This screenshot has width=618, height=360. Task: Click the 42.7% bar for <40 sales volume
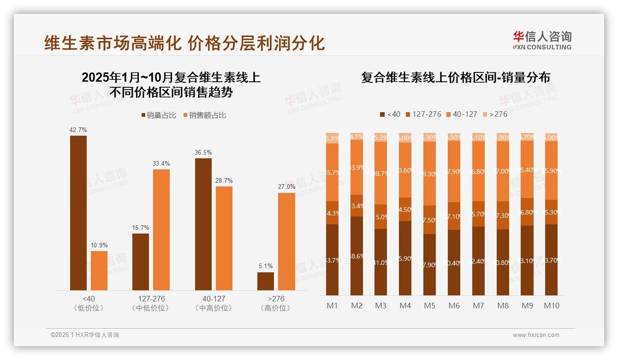click(x=78, y=212)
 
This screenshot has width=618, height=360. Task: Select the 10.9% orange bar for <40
click(x=99, y=270)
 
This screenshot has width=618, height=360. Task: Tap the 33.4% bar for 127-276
click(x=161, y=229)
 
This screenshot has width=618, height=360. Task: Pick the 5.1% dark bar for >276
click(x=266, y=281)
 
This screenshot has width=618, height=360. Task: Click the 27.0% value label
click(x=286, y=187)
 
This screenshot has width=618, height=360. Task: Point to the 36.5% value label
click(x=203, y=152)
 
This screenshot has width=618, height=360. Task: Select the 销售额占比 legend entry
click(x=205, y=115)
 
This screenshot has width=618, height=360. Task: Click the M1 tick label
click(x=332, y=306)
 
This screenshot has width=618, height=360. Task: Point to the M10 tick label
click(x=551, y=306)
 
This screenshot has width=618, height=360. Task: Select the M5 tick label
click(x=429, y=306)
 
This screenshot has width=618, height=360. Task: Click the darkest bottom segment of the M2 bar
click(x=357, y=256)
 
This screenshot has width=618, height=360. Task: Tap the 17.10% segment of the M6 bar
click(x=454, y=216)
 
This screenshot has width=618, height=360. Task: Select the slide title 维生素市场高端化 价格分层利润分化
click(x=184, y=43)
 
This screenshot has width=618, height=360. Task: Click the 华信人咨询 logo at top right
click(x=542, y=40)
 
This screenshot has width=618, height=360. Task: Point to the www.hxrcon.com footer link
click(x=536, y=335)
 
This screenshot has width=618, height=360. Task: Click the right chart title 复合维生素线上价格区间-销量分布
click(x=455, y=78)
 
